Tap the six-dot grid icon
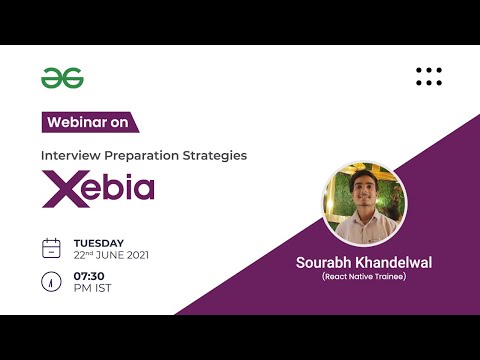click(x=428, y=76)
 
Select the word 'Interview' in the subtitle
click(x=69, y=156)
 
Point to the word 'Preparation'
click(x=136, y=156)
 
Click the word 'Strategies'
click(x=211, y=156)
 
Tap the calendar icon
click(x=51, y=248)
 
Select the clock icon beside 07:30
click(x=51, y=282)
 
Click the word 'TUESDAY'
click(x=99, y=242)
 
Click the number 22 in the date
click(x=80, y=255)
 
